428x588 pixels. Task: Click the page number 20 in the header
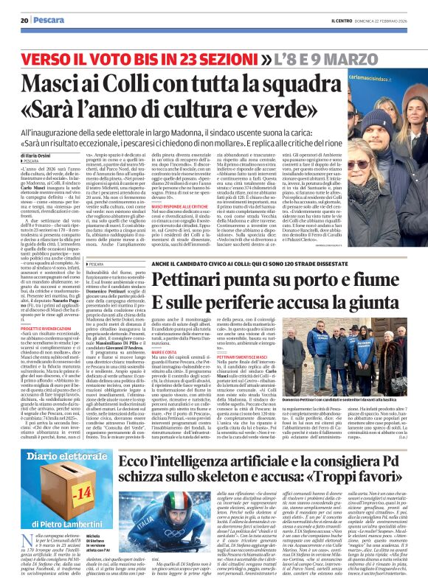click(24, 21)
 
